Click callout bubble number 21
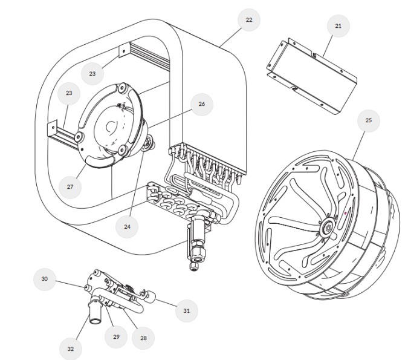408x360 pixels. pyautogui.click(x=338, y=26)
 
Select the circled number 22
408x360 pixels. pyautogui.click(x=249, y=20)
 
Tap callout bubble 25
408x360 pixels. pyautogui.click(x=369, y=120)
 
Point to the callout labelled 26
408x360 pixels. pyautogui.click(x=202, y=104)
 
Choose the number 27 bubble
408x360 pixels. pyautogui.click(x=70, y=187)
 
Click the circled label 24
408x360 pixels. pyautogui.click(x=128, y=226)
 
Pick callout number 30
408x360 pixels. pyautogui.click(x=44, y=279)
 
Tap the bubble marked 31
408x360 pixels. pyautogui.click(x=186, y=310)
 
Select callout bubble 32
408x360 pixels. pyautogui.click(x=71, y=349)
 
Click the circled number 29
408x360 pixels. pyautogui.click(x=116, y=336)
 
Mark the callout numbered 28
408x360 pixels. pyautogui.click(x=143, y=338)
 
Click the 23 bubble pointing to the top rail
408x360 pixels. pyautogui.click(x=92, y=73)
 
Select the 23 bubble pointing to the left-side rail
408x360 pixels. pyautogui.click(x=69, y=93)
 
